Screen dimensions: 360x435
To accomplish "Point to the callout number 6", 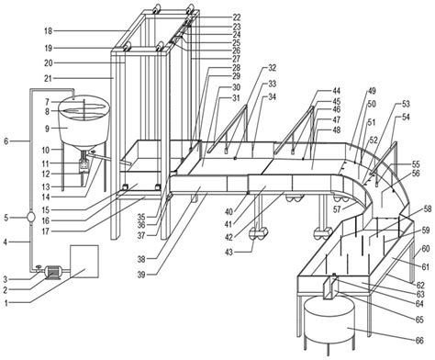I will coord(7,141).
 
